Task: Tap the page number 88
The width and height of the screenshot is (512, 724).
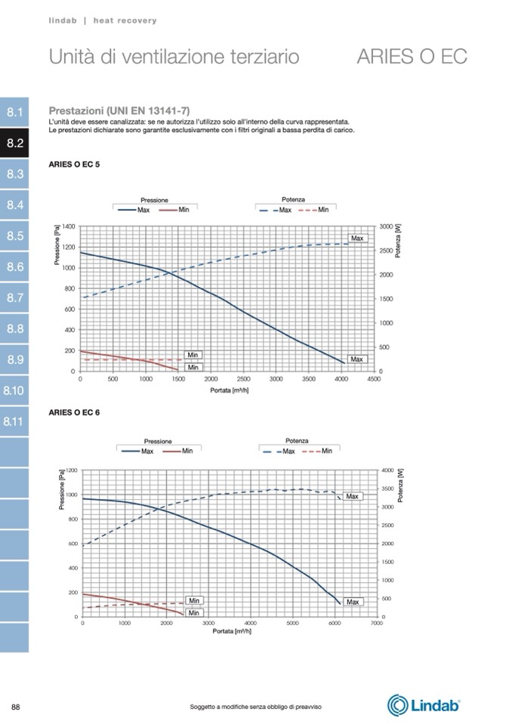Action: (15, 706)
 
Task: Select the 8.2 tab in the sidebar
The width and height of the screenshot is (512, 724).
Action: (15, 143)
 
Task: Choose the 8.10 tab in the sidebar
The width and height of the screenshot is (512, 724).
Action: (14, 390)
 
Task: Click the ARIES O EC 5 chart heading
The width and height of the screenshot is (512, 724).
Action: (74, 164)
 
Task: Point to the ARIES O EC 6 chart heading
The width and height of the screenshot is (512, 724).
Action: (74, 412)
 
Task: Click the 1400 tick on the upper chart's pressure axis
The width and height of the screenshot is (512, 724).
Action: (68, 226)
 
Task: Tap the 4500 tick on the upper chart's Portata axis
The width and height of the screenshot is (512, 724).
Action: (373, 379)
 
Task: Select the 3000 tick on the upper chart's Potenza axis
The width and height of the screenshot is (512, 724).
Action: (387, 226)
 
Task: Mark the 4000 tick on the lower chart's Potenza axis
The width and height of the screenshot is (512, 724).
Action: (387, 470)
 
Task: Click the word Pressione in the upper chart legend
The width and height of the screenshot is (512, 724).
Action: (154, 200)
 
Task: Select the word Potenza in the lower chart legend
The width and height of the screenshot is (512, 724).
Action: (297, 441)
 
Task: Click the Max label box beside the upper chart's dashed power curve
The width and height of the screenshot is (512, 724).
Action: (357, 238)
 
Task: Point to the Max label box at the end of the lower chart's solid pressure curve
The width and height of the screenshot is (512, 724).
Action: (353, 602)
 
